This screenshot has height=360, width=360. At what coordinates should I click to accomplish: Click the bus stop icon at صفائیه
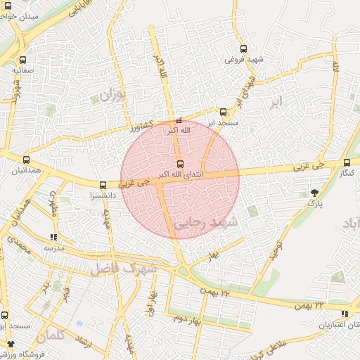(x=23, y=60)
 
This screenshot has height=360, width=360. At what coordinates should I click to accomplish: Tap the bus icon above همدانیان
(x=27, y=160)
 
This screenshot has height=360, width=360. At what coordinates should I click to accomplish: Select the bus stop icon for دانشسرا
(x=103, y=186)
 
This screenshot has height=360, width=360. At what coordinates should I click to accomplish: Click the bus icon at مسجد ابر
(x=224, y=111)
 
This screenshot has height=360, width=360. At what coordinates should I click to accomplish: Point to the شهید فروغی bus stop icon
(x=243, y=49)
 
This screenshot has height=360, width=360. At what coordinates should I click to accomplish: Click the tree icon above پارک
(x=314, y=192)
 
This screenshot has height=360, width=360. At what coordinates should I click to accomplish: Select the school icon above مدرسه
(x=54, y=238)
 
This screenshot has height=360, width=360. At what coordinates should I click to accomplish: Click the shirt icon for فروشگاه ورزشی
(x=11, y=344)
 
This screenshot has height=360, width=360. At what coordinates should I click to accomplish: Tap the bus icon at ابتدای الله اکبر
(x=180, y=164)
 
